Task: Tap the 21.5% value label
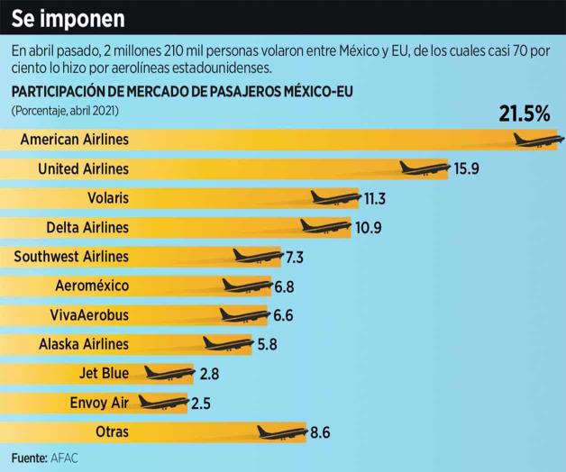click(x=524, y=114)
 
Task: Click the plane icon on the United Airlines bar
click(x=424, y=168)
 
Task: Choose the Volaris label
click(x=108, y=198)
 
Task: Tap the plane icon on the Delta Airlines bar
click(x=325, y=226)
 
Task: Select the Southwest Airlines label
click(x=71, y=257)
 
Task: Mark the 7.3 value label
click(x=294, y=257)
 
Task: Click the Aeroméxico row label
click(x=92, y=286)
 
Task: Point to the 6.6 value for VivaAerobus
click(x=283, y=315)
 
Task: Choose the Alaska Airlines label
click(x=84, y=344)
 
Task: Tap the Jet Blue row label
click(x=104, y=373)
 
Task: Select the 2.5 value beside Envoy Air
click(x=201, y=403)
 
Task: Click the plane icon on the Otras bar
click(x=281, y=431)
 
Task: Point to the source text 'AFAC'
click(x=65, y=458)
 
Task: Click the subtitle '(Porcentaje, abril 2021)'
click(x=65, y=110)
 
